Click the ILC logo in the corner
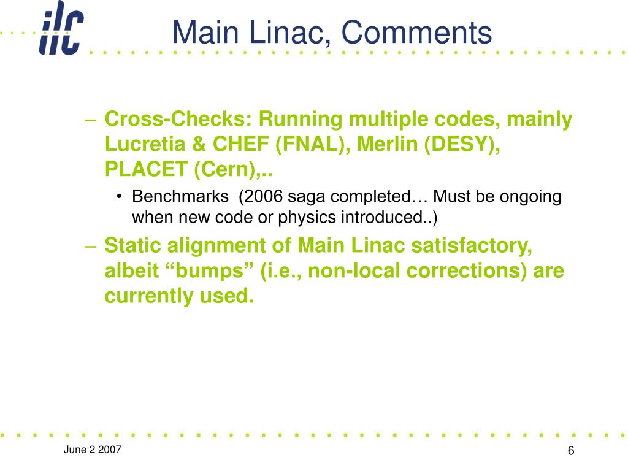click(x=61, y=28)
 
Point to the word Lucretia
click(x=145, y=144)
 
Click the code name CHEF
click(x=240, y=144)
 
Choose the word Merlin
click(x=388, y=144)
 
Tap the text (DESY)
click(x=462, y=144)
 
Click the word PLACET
click(x=146, y=169)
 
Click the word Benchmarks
click(x=180, y=196)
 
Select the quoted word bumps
click(x=210, y=270)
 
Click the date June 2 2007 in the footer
click(x=92, y=450)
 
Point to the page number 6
click(x=571, y=451)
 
